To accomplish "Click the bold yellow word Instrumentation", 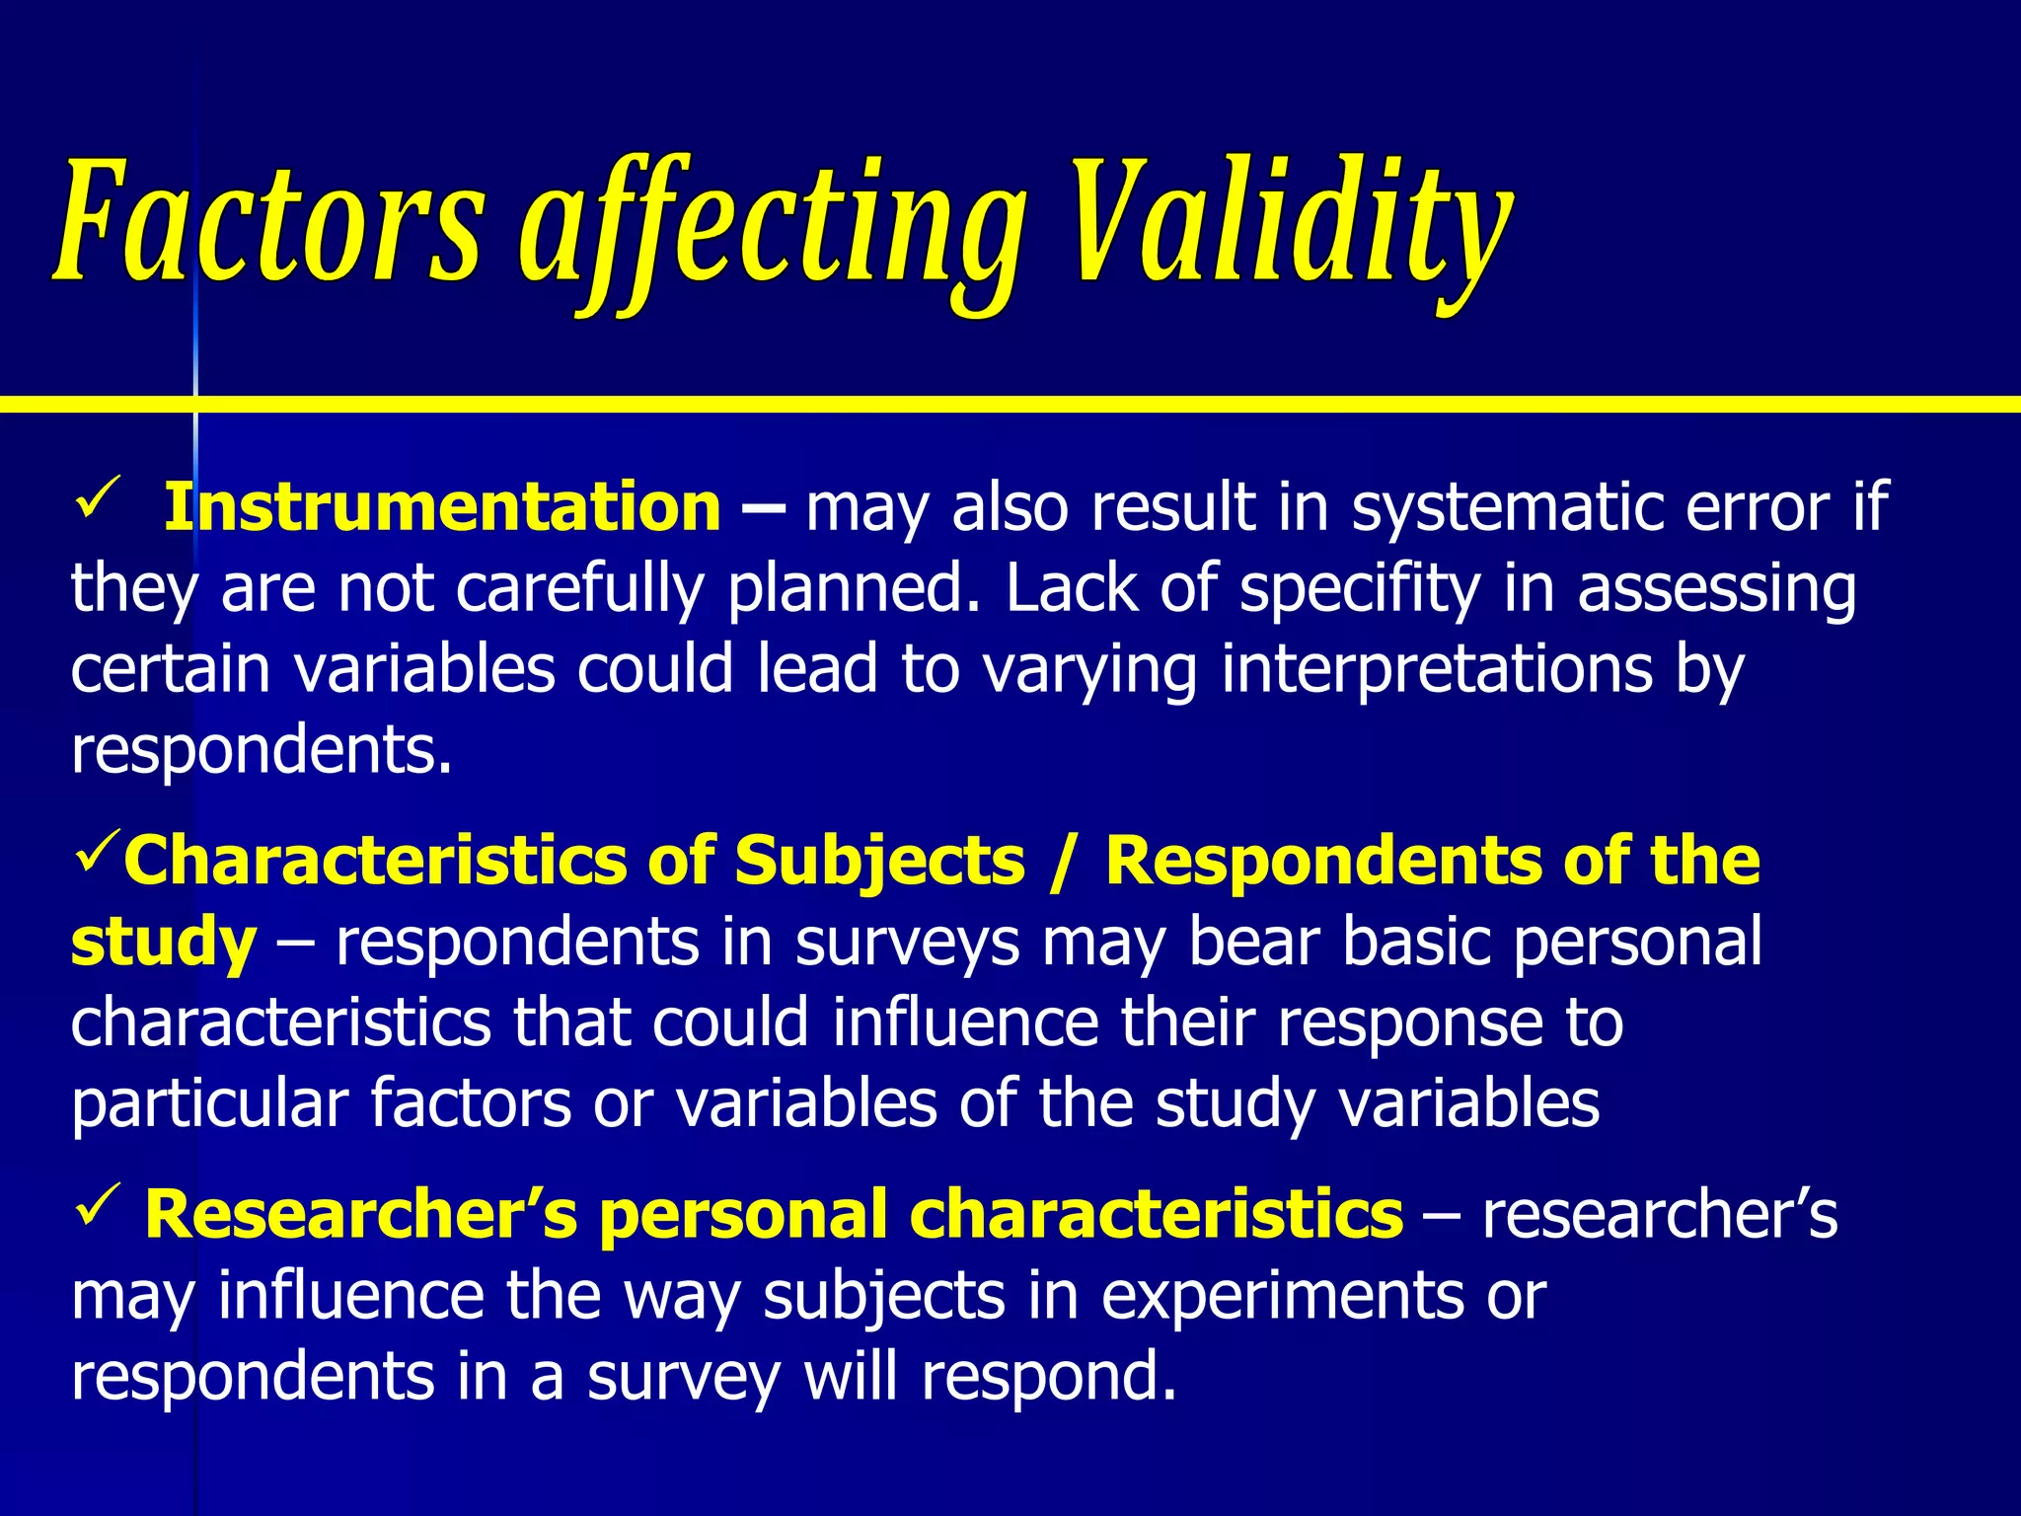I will pyautogui.click(x=442, y=507).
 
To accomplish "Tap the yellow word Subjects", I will pyautogui.click(x=879, y=862).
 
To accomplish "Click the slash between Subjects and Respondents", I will pyautogui.click(x=1063, y=862).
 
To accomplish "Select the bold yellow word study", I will pyautogui.click(x=164, y=944).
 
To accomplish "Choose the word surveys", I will pyautogui.click(x=908, y=944).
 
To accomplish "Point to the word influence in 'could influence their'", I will pyautogui.click(x=965, y=1023).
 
